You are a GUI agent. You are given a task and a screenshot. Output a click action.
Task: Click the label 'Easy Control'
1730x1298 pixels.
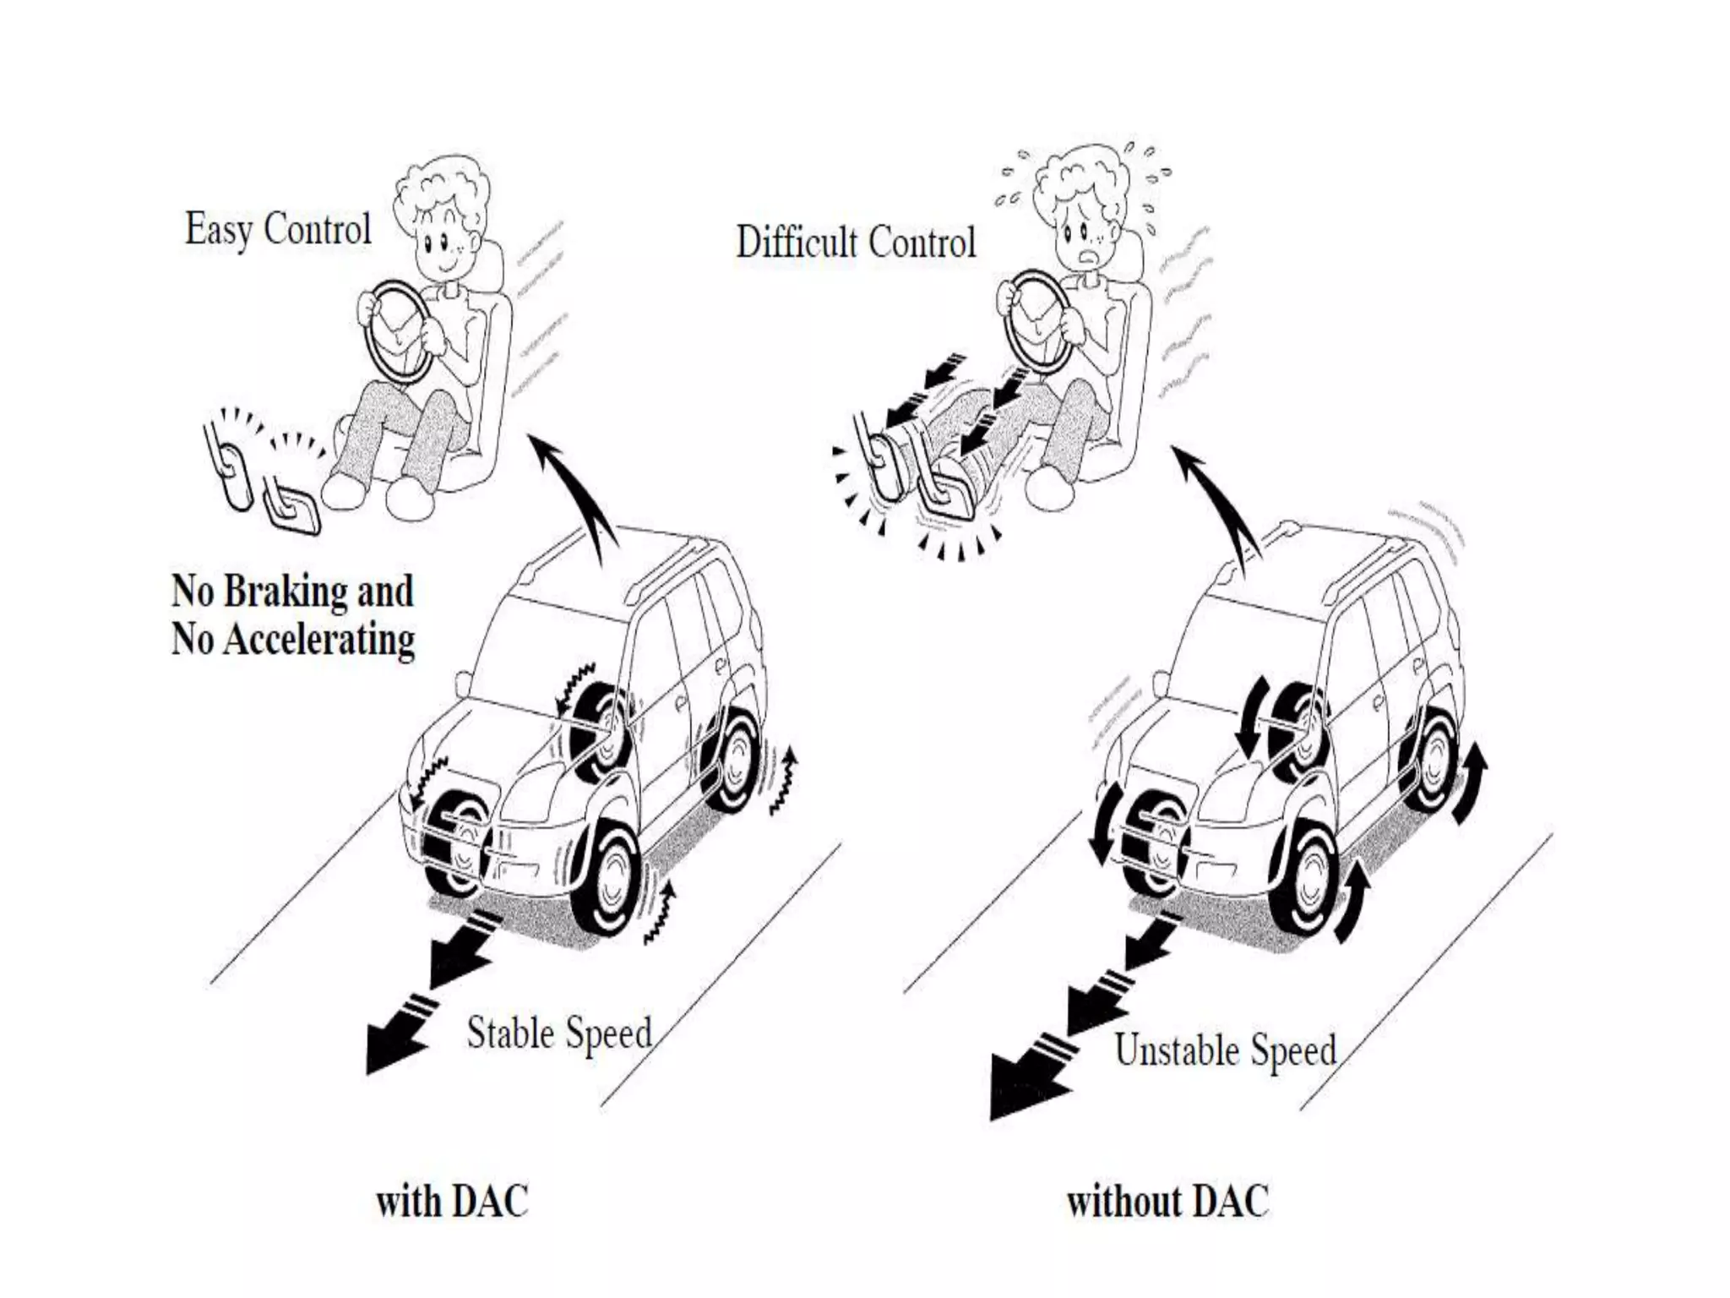click(278, 229)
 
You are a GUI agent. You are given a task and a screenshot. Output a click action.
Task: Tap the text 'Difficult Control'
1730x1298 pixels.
click(856, 243)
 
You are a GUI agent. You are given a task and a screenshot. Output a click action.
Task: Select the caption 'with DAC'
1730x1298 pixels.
click(452, 1201)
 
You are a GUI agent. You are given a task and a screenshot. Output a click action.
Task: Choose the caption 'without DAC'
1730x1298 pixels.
click(1167, 1201)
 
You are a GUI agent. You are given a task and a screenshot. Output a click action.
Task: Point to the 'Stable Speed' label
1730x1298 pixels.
click(559, 1033)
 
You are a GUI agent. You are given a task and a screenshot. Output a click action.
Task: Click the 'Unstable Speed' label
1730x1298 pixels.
click(1226, 1050)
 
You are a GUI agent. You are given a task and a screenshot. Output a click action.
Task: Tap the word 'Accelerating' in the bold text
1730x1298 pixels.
click(320, 639)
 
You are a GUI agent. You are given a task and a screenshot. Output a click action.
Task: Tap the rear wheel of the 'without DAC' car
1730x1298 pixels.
click(1432, 761)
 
